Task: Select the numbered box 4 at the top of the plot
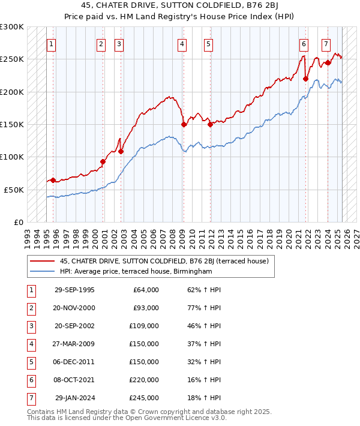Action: click(182, 44)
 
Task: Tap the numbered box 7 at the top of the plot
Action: click(326, 44)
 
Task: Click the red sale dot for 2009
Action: click(184, 124)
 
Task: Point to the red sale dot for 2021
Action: click(305, 79)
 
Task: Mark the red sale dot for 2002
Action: click(121, 151)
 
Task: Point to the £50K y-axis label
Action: click(14, 189)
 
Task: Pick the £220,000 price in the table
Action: click(145, 380)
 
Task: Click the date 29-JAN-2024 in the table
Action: click(74, 398)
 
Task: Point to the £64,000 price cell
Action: click(146, 290)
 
